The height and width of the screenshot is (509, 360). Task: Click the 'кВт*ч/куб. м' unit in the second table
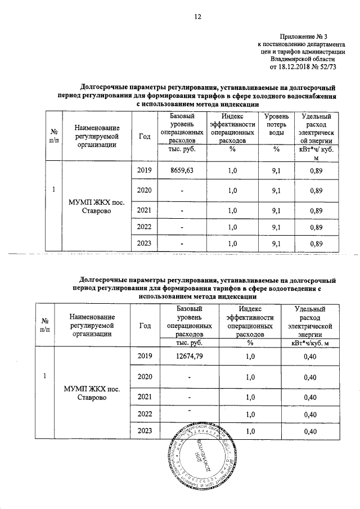[x=310, y=343]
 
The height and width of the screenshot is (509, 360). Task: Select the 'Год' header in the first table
[x=144, y=136]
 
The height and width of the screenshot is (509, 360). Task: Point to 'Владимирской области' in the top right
[x=303, y=57]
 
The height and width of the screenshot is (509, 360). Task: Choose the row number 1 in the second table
[x=44, y=376]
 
